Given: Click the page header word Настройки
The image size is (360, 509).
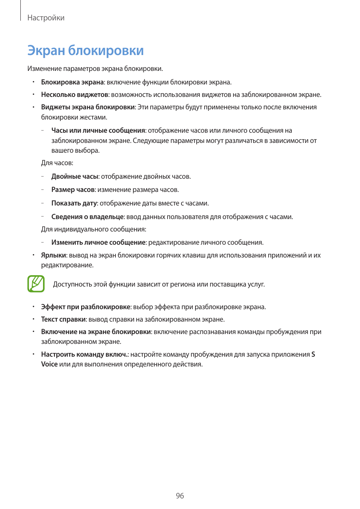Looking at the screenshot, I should pos(46,18).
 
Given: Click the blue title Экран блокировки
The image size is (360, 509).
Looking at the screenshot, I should pos(85,50).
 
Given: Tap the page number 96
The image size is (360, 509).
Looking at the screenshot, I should pos(180,495).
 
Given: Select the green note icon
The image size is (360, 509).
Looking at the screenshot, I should pos(36,284).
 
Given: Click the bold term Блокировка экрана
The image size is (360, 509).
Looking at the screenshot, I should pos(72,82).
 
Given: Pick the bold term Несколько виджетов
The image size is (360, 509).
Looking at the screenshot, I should pos(74,95).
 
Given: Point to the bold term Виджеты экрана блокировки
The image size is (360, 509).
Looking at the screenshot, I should pos(88,107).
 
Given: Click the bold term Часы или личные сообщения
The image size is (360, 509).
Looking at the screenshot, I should pos(98,130).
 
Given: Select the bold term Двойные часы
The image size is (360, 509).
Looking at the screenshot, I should pos(75,176).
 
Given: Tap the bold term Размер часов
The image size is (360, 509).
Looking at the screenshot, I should pos(73,190).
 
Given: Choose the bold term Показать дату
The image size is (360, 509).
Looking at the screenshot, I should pos(74,203).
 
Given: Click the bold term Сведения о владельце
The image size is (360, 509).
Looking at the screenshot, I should pos(88,217).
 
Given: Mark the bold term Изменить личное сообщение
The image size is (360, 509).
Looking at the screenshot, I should pos(98,242).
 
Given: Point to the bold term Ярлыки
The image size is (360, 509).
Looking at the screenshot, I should pos(53,255).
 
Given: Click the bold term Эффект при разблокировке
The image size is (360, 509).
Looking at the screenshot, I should pos(86,307).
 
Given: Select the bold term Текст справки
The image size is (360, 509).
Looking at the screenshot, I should pos(63,319).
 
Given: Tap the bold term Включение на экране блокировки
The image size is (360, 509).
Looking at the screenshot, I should pos(96,332).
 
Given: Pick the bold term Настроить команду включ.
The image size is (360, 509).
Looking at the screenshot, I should pos(84,354).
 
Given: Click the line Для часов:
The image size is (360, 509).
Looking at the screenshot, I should pos(57,163).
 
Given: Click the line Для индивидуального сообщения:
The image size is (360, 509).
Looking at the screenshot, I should pos(94,229).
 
